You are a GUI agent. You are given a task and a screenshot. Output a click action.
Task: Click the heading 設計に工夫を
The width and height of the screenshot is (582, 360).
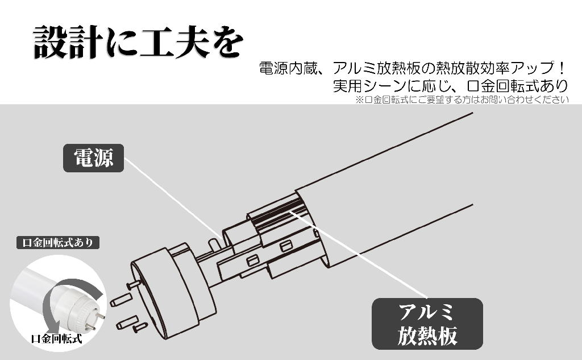pyautogui.click(x=138, y=42)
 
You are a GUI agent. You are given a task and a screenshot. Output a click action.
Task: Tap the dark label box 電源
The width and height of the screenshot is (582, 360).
pyautogui.click(x=94, y=158)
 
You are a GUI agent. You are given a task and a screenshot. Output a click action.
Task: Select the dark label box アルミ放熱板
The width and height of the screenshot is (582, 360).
pyautogui.click(x=427, y=324)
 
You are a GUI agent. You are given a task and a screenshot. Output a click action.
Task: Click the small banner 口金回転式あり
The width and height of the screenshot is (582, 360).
pyautogui.click(x=58, y=243)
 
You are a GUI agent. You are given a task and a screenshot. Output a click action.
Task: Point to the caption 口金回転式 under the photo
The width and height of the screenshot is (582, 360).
pyautogui.click(x=56, y=338)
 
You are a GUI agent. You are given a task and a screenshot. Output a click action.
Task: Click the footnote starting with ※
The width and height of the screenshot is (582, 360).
pyautogui.click(x=462, y=100)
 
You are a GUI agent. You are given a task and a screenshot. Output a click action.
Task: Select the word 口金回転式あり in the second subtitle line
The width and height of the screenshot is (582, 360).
pyautogui.click(x=517, y=85)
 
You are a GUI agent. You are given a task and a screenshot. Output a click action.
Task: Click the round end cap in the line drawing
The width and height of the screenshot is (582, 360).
pyautogui.click(x=173, y=288)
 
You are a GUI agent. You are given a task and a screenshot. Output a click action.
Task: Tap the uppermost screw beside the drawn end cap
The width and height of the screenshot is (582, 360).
pyautogui.click(x=134, y=285)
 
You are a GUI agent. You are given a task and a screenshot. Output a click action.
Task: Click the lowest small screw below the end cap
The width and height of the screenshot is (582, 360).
pyautogui.click(x=140, y=328)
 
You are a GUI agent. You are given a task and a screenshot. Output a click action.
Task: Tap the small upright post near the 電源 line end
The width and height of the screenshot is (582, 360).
pyautogui.click(x=214, y=245)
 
